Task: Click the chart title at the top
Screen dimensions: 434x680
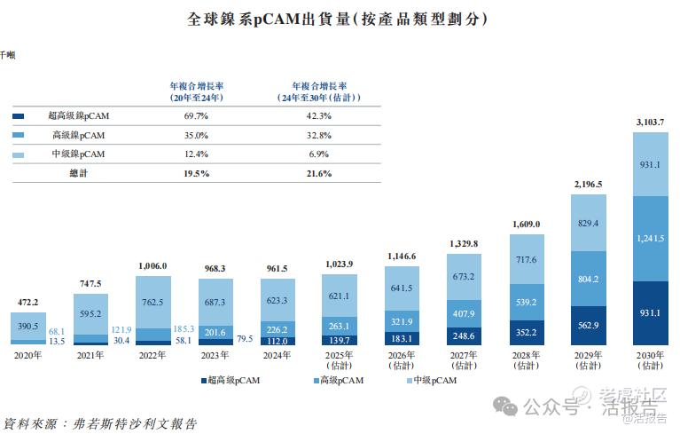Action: click(339, 19)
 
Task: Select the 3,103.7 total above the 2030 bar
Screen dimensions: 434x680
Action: click(650, 122)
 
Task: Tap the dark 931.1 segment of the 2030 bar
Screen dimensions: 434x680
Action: click(650, 313)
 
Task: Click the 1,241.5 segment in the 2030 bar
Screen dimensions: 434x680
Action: click(650, 238)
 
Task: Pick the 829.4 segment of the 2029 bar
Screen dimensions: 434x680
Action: click(588, 223)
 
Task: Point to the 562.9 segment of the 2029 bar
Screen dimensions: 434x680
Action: click(588, 325)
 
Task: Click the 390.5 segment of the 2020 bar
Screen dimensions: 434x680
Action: click(27, 327)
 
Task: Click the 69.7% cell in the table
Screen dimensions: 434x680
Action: click(196, 115)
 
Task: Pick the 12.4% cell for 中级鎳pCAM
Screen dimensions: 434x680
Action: click(196, 154)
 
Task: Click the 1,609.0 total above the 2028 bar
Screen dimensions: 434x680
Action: click(526, 225)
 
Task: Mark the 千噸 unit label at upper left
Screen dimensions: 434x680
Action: click(7, 55)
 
